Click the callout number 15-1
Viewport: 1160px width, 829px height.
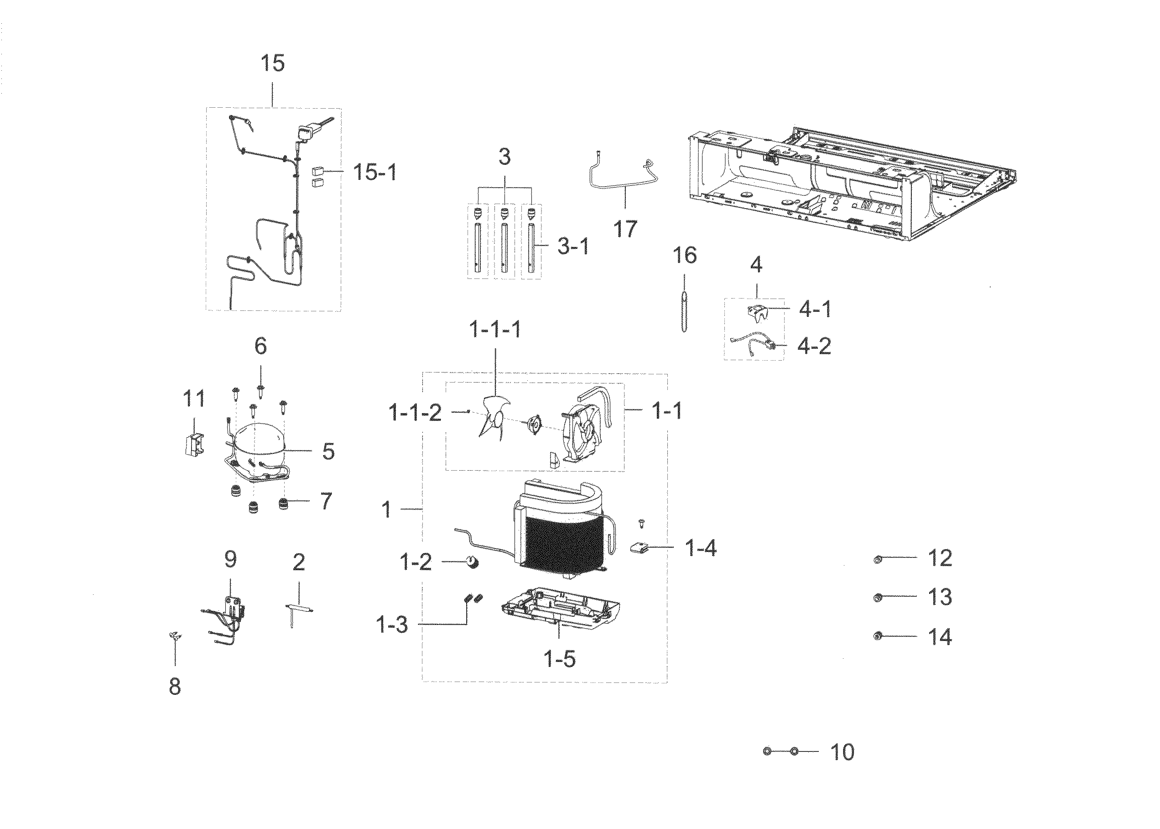coord(375,173)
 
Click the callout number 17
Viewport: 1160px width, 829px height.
coord(625,228)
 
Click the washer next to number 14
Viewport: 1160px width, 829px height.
coord(877,636)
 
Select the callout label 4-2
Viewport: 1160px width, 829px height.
coord(814,346)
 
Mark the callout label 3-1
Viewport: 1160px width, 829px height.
coord(573,247)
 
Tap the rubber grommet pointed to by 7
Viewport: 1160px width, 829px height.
coord(284,504)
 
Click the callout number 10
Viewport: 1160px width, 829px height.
coord(842,752)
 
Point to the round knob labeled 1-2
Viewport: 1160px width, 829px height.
coord(473,562)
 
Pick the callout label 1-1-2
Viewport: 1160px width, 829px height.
coord(415,413)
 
